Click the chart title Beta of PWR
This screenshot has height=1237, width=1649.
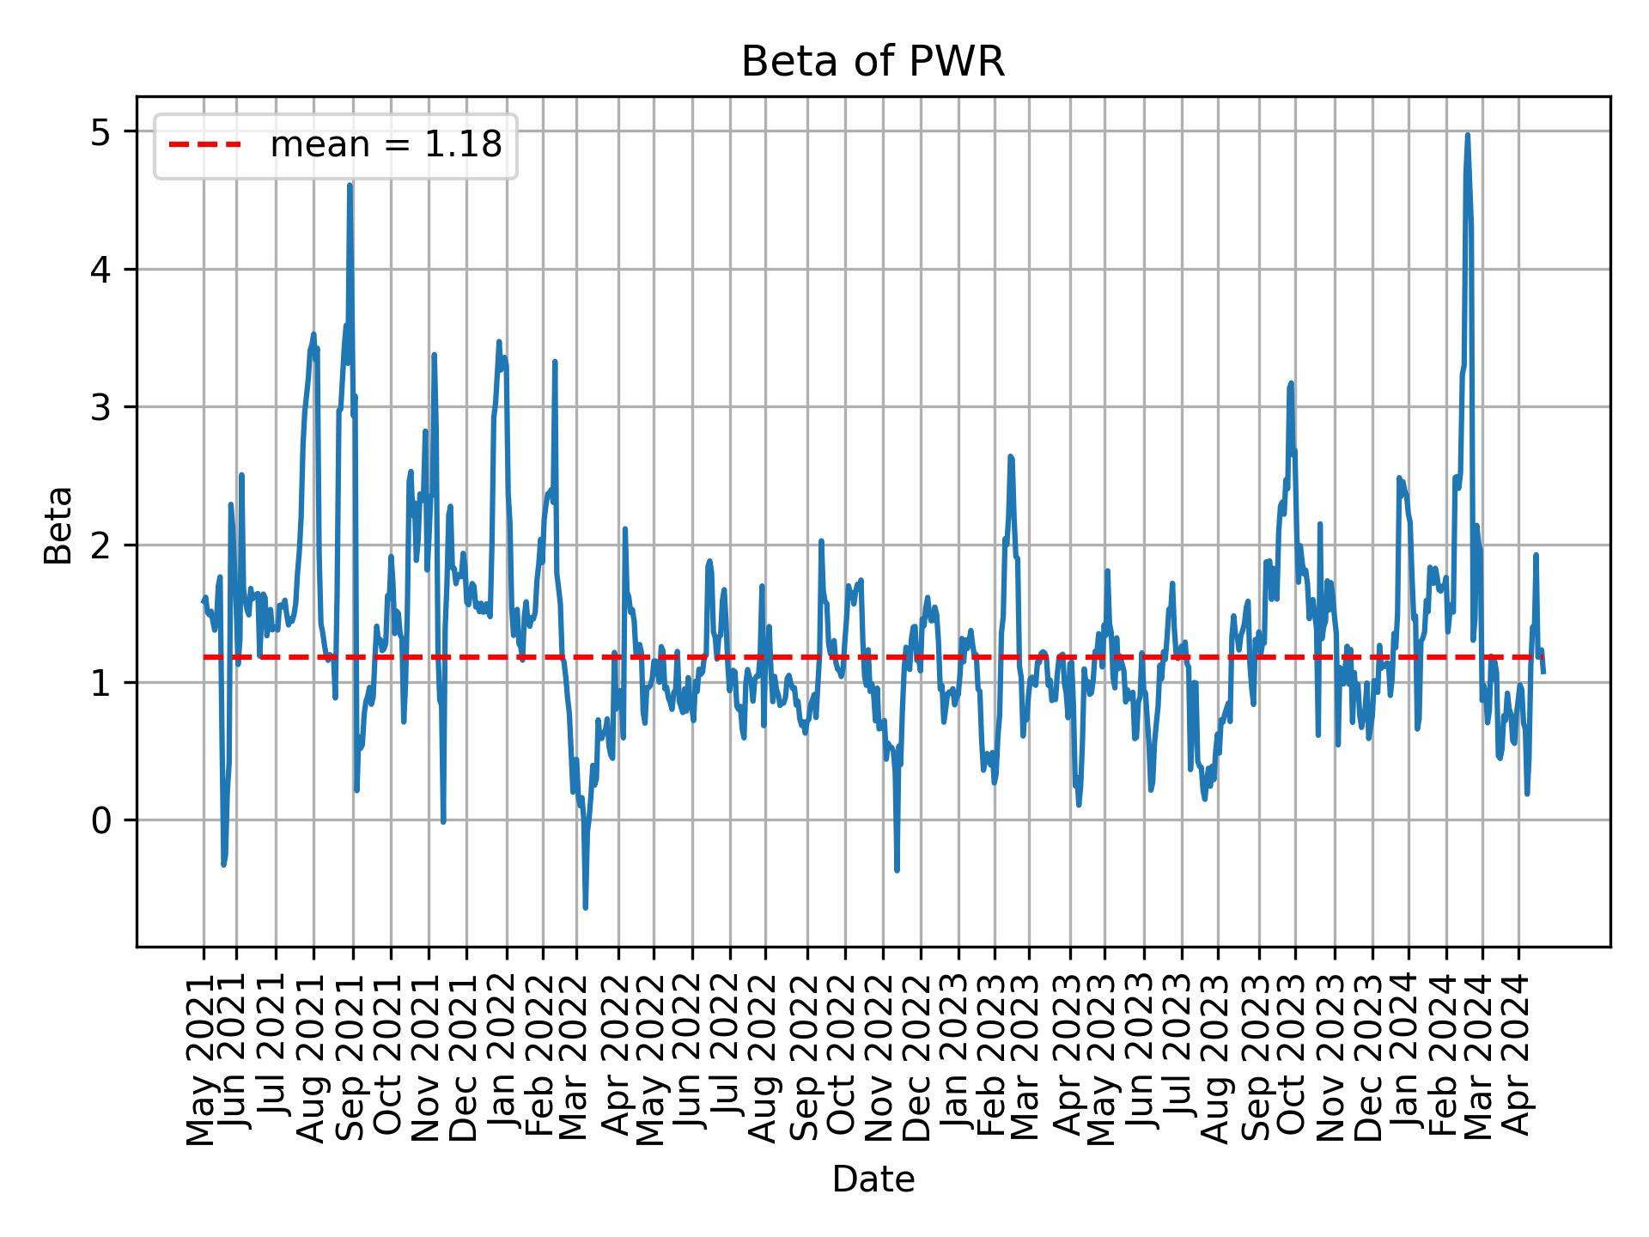point(873,62)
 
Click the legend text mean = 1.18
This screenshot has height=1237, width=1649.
point(386,146)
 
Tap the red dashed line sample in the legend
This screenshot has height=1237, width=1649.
point(205,146)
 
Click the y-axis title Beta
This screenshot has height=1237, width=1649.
point(58,525)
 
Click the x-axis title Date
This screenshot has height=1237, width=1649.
point(873,1179)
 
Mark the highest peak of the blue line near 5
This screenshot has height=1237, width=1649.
point(1468,136)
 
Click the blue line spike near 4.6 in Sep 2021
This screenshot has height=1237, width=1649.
point(350,186)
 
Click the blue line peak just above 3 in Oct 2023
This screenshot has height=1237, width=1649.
point(1291,383)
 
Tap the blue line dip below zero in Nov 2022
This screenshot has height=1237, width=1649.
point(897,870)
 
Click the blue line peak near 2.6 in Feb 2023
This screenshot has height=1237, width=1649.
point(1011,457)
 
